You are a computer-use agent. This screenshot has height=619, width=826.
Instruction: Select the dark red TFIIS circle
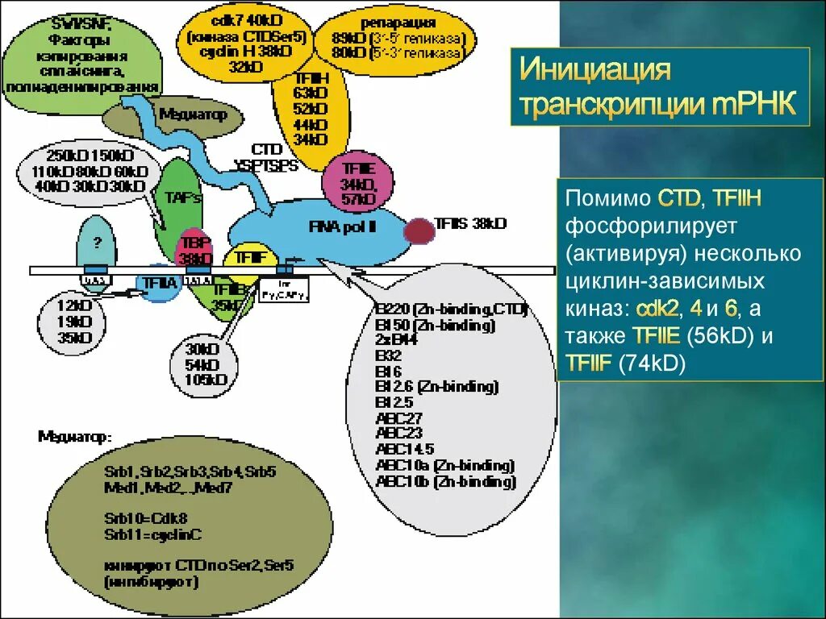point(418,231)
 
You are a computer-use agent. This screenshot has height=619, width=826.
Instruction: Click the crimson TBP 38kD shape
point(194,251)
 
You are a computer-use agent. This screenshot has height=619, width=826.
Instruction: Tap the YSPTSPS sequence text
point(265,165)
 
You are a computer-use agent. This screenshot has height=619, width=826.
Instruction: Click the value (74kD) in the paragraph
point(652,364)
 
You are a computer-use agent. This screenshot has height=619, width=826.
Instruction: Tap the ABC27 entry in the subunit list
point(398,418)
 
